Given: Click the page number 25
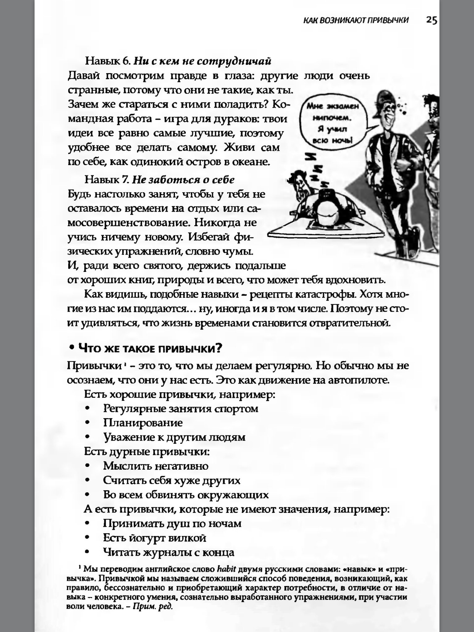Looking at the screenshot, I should tap(431, 20).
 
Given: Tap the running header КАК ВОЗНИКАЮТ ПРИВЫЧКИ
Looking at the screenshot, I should tap(356, 20).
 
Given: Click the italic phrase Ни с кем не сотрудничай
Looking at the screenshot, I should tap(202, 61).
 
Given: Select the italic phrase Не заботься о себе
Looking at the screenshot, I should tap(183, 180).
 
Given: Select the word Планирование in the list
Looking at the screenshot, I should tap(143, 422).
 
